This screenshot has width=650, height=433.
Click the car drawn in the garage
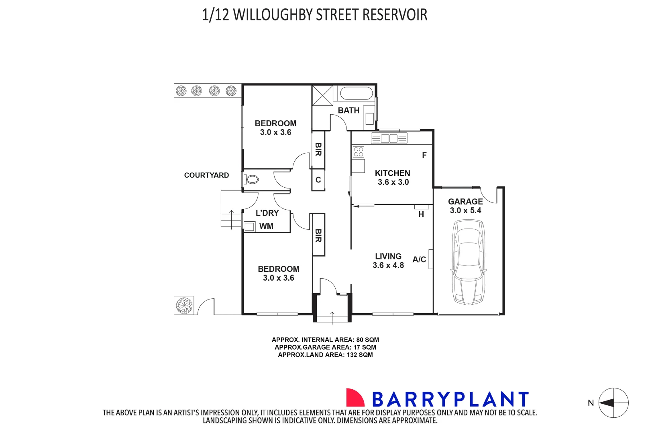[x=469, y=263]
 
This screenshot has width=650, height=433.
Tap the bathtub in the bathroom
[x=356, y=94]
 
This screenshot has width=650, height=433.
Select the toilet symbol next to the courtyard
[x=252, y=179]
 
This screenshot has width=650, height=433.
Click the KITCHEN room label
[x=392, y=173]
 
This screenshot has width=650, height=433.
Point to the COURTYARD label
[x=206, y=175]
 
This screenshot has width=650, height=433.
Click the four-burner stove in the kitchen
[x=358, y=152]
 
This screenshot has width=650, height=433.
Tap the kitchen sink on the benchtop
[x=389, y=139]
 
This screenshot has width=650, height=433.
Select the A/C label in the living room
[x=419, y=260]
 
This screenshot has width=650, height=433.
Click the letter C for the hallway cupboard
[x=318, y=180]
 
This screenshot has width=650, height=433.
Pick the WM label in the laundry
[x=266, y=227]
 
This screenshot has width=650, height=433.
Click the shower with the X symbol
[x=323, y=95]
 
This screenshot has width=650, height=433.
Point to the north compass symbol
[x=613, y=403]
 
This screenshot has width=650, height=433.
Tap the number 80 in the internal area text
[x=360, y=340]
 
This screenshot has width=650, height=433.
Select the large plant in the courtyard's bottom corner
[x=184, y=306]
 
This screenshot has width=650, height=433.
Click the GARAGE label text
[x=465, y=202]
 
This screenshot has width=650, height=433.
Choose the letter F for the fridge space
[x=424, y=156]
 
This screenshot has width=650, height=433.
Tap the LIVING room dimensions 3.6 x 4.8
[x=388, y=265]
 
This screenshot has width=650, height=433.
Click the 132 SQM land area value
[x=359, y=355]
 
